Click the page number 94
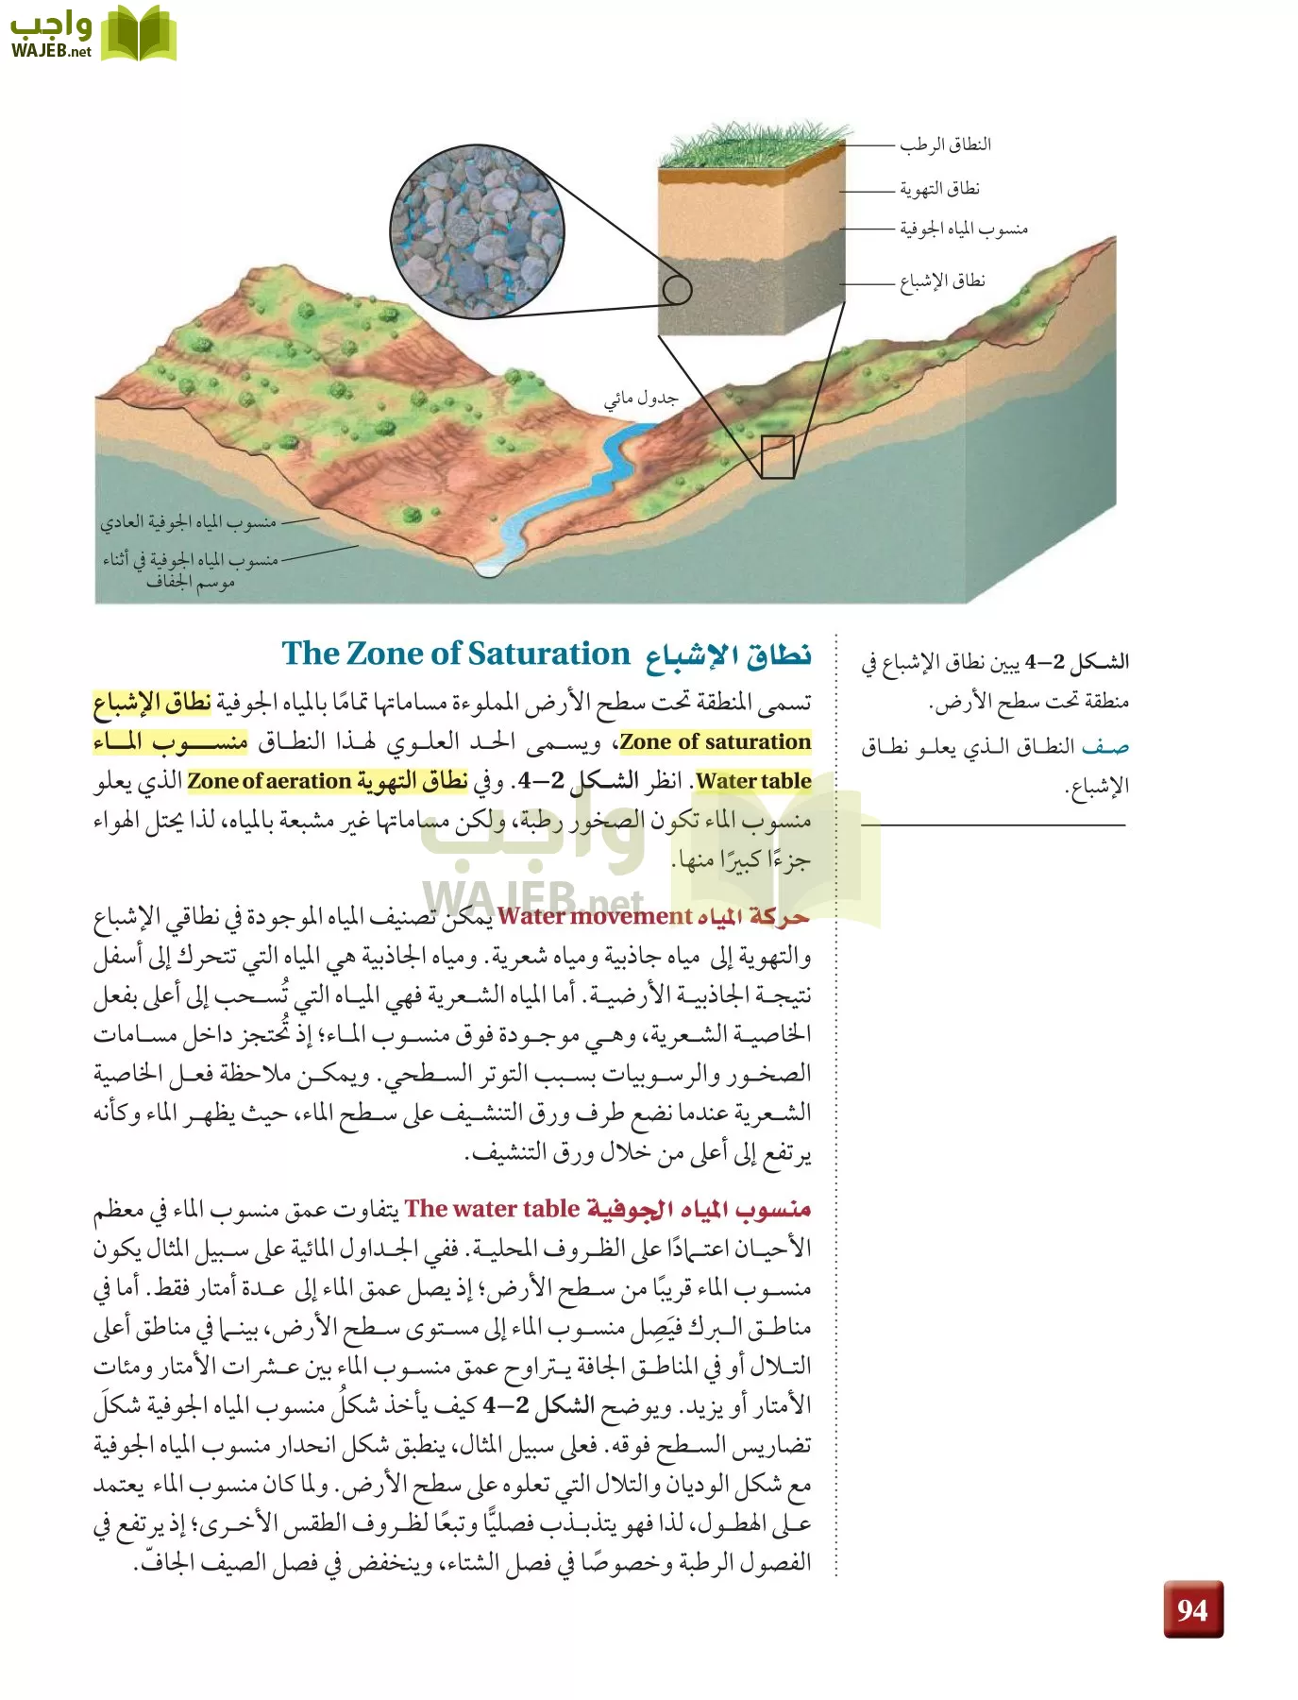tap(1192, 1608)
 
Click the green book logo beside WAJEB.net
tap(138, 34)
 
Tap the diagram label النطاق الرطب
tap(945, 144)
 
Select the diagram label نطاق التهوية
tap(939, 189)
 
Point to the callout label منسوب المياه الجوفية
tap(963, 229)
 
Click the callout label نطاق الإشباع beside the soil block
tap(942, 281)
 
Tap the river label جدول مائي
tap(641, 398)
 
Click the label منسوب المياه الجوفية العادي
tap(189, 521)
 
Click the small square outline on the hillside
tap(778, 457)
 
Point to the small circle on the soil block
tap(677, 289)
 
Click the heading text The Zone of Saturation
tap(455, 654)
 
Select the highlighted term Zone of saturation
tap(715, 742)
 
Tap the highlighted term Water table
tap(753, 781)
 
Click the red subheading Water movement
tap(595, 916)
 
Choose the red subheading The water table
tap(492, 1209)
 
